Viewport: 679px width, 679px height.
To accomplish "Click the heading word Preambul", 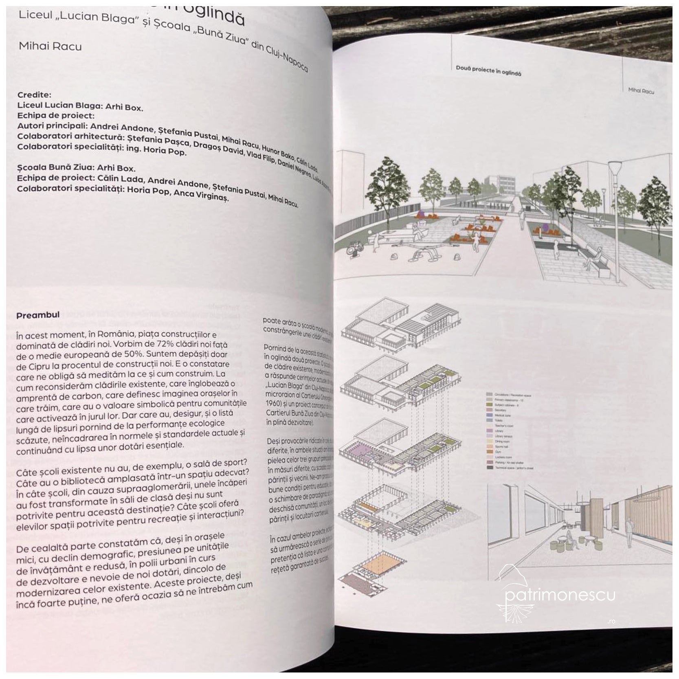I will [x=38, y=315].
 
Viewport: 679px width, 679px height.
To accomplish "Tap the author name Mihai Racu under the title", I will [x=50, y=46].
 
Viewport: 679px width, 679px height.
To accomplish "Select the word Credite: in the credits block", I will [x=34, y=95].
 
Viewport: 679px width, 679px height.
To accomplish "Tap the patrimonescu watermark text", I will [x=560, y=595].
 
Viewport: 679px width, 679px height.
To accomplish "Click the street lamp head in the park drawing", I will [x=614, y=166].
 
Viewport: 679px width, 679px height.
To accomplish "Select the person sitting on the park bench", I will [x=592, y=255].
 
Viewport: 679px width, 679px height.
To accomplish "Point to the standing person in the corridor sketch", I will [x=629, y=532].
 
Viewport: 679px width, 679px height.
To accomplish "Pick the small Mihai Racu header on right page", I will [x=641, y=90].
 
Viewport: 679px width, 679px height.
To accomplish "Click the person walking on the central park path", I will [x=521, y=218].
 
